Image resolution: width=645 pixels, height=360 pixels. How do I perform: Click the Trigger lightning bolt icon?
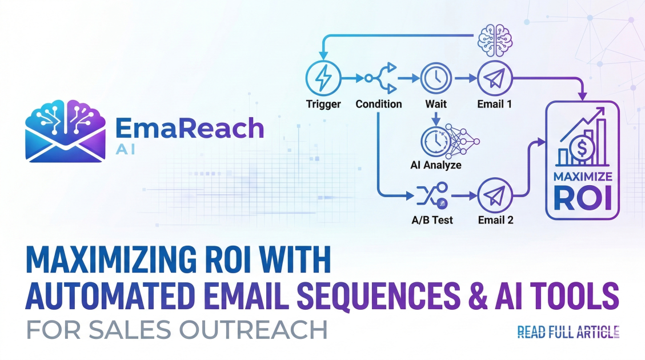click(323, 79)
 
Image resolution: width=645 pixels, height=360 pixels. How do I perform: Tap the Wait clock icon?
click(436, 79)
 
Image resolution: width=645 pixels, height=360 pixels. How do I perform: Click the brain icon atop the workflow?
click(494, 38)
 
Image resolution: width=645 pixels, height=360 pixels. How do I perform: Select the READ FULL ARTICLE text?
click(568, 332)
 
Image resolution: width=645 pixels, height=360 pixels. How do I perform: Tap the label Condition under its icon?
click(379, 105)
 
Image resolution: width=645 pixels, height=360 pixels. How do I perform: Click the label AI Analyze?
click(436, 165)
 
